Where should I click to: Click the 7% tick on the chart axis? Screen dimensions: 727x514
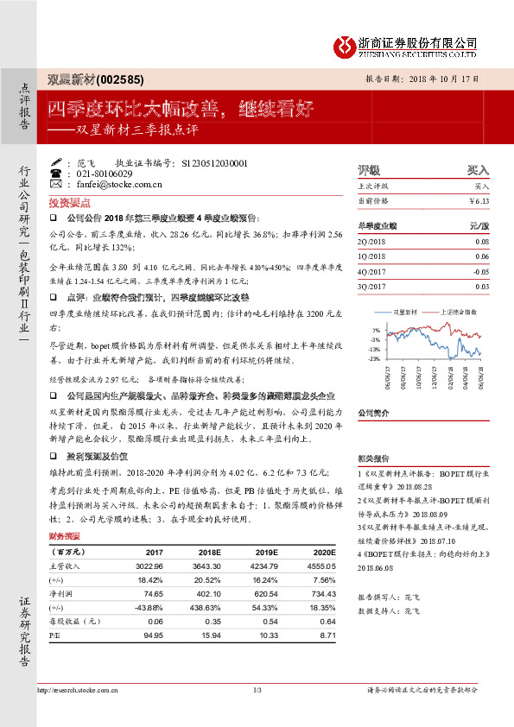point(375,331)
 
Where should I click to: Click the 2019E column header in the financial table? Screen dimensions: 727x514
point(267,552)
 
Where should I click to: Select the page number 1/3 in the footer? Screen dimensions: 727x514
point(257,689)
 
